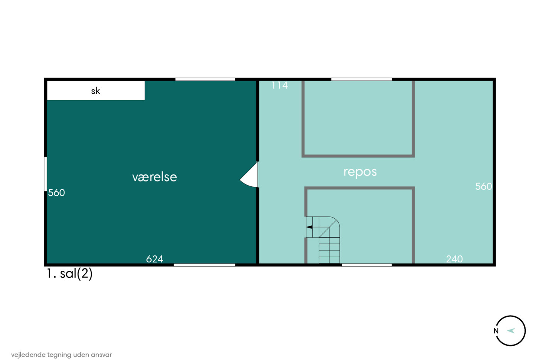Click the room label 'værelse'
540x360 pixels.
tap(155, 177)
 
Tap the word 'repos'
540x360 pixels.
tap(360, 172)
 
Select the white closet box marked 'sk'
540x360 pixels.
tap(96, 90)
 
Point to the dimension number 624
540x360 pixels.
tap(155, 259)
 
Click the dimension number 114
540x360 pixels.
tap(280, 85)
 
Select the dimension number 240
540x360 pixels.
tap(454, 259)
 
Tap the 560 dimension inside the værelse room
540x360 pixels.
tap(56, 193)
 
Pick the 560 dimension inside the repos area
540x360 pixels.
tap(483, 186)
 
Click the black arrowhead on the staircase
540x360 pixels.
tap(309, 227)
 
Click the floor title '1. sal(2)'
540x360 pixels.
tap(69, 274)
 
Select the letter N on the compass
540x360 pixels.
tap(496, 331)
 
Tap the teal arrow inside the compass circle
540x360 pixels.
tap(511, 331)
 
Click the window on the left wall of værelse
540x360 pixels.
tap(46, 174)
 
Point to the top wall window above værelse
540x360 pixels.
tap(205, 79)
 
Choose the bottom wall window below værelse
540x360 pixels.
tap(204, 265)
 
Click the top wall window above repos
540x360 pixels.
tap(362, 79)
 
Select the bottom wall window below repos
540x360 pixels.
tap(367, 265)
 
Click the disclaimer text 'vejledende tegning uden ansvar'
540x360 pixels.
tap(61, 355)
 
